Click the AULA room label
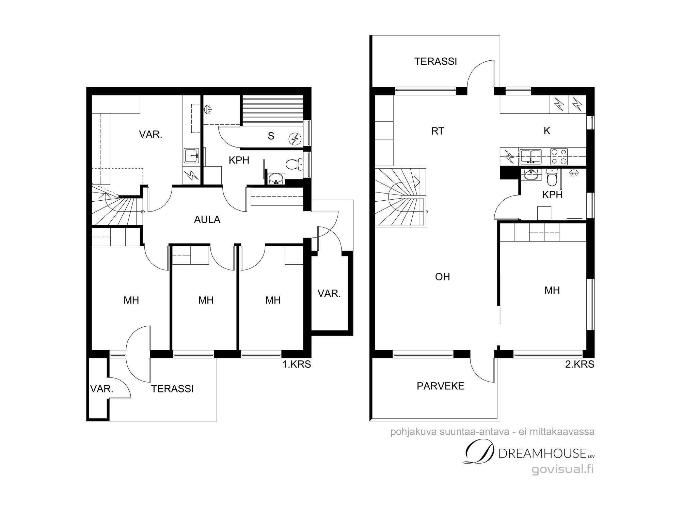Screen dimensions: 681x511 [x=207, y=220]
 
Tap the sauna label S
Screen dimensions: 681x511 [x=271, y=136]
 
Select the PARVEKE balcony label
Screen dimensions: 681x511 [x=441, y=386]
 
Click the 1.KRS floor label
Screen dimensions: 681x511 [x=297, y=364]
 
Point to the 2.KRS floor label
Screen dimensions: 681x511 [x=580, y=364]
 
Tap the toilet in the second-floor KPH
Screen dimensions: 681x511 [x=551, y=175]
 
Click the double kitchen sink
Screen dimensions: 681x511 [x=530, y=156]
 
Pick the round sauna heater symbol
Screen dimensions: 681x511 [x=295, y=138]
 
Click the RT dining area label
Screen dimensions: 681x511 [x=438, y=131]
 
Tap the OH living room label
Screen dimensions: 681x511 [x=443, y=277]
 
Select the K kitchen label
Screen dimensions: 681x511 [x=547, y=131]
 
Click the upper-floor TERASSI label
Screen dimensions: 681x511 [x=435, y=61]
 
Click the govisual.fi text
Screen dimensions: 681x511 [x=563, y=469]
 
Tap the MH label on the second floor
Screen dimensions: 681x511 [x=552, y=290]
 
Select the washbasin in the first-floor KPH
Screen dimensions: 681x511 [x=276, y=178]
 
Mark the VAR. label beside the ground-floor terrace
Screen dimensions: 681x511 [x=102, y=389]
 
